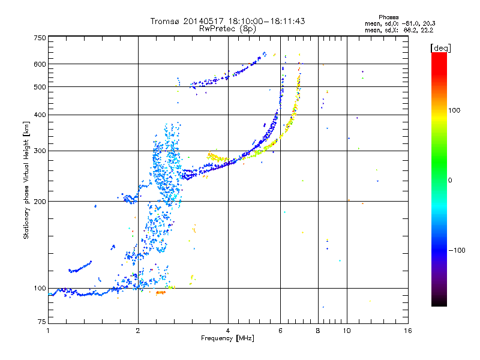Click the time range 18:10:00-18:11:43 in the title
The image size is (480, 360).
pyautogui.click(x=266, y=21)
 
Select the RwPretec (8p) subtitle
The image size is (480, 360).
pyautogui.click(x=227, y=29)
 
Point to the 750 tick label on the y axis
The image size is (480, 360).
pyautogui.click(x=40, y=38)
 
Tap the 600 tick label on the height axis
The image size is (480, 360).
pyautogui.click(x=40, y=64)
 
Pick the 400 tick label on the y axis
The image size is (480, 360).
pyautogui.click(x=40, y=115)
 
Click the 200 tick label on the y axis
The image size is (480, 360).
pyautogui.click(x=40, y=202)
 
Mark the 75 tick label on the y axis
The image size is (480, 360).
pyautogui.click(x=42, y=322)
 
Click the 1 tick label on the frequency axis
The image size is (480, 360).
pyautogui.click(x=48, y=331)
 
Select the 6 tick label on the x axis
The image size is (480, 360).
pyautogui.click(x=280, y=331)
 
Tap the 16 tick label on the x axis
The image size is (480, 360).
pyautogui.click(x=408, y=331)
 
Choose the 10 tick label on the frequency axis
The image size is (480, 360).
pyautogui.click(x=347, y=331)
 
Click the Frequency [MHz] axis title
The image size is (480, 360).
pyautogui.click(x=227, y=338)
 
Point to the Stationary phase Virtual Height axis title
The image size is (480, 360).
pyautogui.click(x=26, y=181)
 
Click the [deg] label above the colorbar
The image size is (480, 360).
pyautogui.click(x=440, y=48)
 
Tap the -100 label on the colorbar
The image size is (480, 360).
pyautogui.click(x=457, y=250)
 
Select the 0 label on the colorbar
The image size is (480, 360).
pyautogui.click(x=450, y=181)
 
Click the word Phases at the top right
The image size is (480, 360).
pyautogui.click(x=388, y=17)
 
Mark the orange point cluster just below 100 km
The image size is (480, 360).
pyautogui.click(x=160, y=293)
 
